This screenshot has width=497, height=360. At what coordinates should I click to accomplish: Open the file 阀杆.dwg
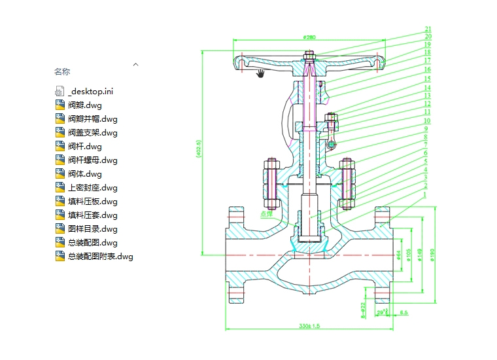(x=84, y=147)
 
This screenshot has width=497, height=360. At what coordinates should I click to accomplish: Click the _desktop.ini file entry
(x=90, y=92)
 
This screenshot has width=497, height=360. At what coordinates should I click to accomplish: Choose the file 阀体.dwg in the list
(x=84, y=174)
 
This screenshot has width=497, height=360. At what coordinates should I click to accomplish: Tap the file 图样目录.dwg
(x=92, y=229)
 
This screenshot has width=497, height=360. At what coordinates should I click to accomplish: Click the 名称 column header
(x=62, y=71)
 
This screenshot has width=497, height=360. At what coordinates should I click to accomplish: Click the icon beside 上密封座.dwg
(x=60, y=188)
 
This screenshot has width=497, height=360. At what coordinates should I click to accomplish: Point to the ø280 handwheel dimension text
(x=309, y=37)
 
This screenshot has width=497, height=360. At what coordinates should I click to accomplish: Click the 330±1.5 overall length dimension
(x=309, y=325)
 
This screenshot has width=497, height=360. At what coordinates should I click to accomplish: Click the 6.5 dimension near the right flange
(x=403, y=313)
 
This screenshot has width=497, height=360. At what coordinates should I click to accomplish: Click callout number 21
(x=428, y=29)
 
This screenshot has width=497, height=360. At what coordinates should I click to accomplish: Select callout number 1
(x=425, y=194)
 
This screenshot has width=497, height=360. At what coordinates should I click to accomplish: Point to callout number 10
(x=426, y=121)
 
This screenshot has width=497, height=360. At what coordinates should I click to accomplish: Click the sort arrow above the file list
(x=136, y=64)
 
